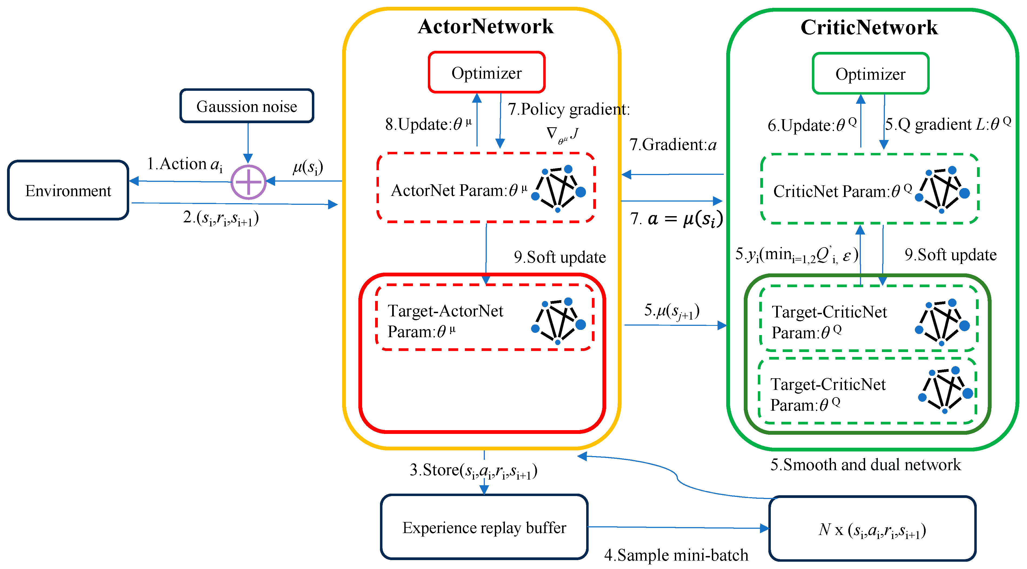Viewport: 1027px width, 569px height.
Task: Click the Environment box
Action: [68, 190]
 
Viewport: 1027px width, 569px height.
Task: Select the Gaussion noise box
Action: [246, 106]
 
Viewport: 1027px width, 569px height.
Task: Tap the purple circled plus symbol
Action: [248, 182]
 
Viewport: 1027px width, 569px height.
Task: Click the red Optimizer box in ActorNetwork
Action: [486, 72]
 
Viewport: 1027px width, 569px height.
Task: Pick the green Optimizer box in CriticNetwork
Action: [870, 74]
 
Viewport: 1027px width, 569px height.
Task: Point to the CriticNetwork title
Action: [869, 28]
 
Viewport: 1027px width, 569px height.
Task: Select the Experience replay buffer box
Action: [484, 527]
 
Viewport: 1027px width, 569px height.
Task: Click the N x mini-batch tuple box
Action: [872, 529]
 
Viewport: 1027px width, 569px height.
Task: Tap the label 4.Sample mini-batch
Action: [676, 555]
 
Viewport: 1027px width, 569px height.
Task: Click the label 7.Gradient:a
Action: [673, 144]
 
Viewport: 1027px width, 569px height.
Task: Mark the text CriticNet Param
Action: [842, 191]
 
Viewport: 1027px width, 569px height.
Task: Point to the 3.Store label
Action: [473, 471]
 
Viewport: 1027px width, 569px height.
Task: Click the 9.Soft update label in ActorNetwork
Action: [560, 257]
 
